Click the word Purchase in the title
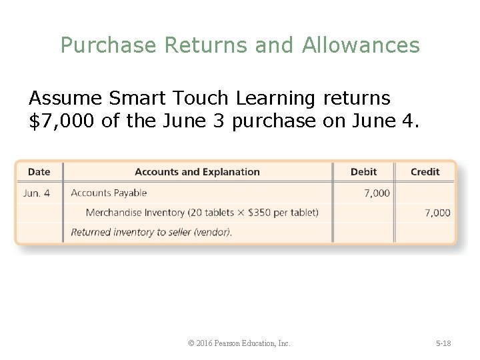pyautogui.click(x=108, y=45)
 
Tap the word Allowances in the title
pyautogui.click(x=361, y=45)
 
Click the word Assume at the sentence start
pyautogui.click(x=65, y=99)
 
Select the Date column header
pyautogui.click(x=39, y=172)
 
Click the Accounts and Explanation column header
pyautogui.click(x=197, y=172)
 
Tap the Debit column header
pyautogui.click(x=363, y=172)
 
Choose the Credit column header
pyautogui.click(x=425, y=172)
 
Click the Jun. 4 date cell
pyautogui.click(x=37, y=193)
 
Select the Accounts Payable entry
pyautogui.click(x=109, y=193)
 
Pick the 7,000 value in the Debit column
pyautogui.click(x=377, y=193)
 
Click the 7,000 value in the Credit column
pyautogui.click(x=437, y=213)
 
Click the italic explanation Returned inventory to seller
pyautogui.click(x=151, y=233)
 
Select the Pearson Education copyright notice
pyautogui.click(x=239, y=343)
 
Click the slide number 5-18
pyautogui.click(x=443, y=343)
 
